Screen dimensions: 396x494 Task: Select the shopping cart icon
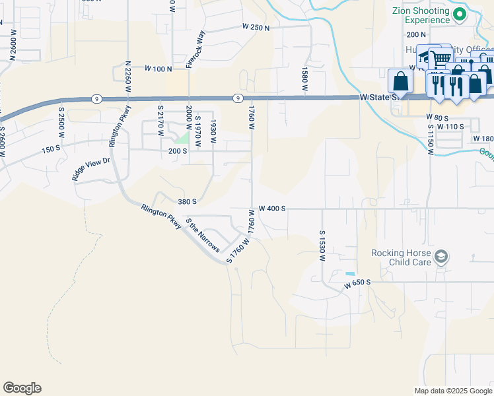(441, 59)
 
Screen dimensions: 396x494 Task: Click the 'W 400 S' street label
(272, 208)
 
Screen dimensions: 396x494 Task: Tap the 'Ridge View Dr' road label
(90, 169)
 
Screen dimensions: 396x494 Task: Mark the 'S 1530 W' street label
(323, 246)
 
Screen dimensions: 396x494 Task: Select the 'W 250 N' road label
(257, 27)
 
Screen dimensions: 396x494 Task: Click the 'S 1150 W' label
(430, 139)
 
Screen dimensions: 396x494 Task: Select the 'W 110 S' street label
(450, 126)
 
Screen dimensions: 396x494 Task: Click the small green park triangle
(183, 139)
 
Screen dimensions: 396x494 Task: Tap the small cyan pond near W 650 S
(349, 274)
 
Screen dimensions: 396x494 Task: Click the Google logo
(22, 388)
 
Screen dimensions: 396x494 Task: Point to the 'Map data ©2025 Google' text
(452, 390)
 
